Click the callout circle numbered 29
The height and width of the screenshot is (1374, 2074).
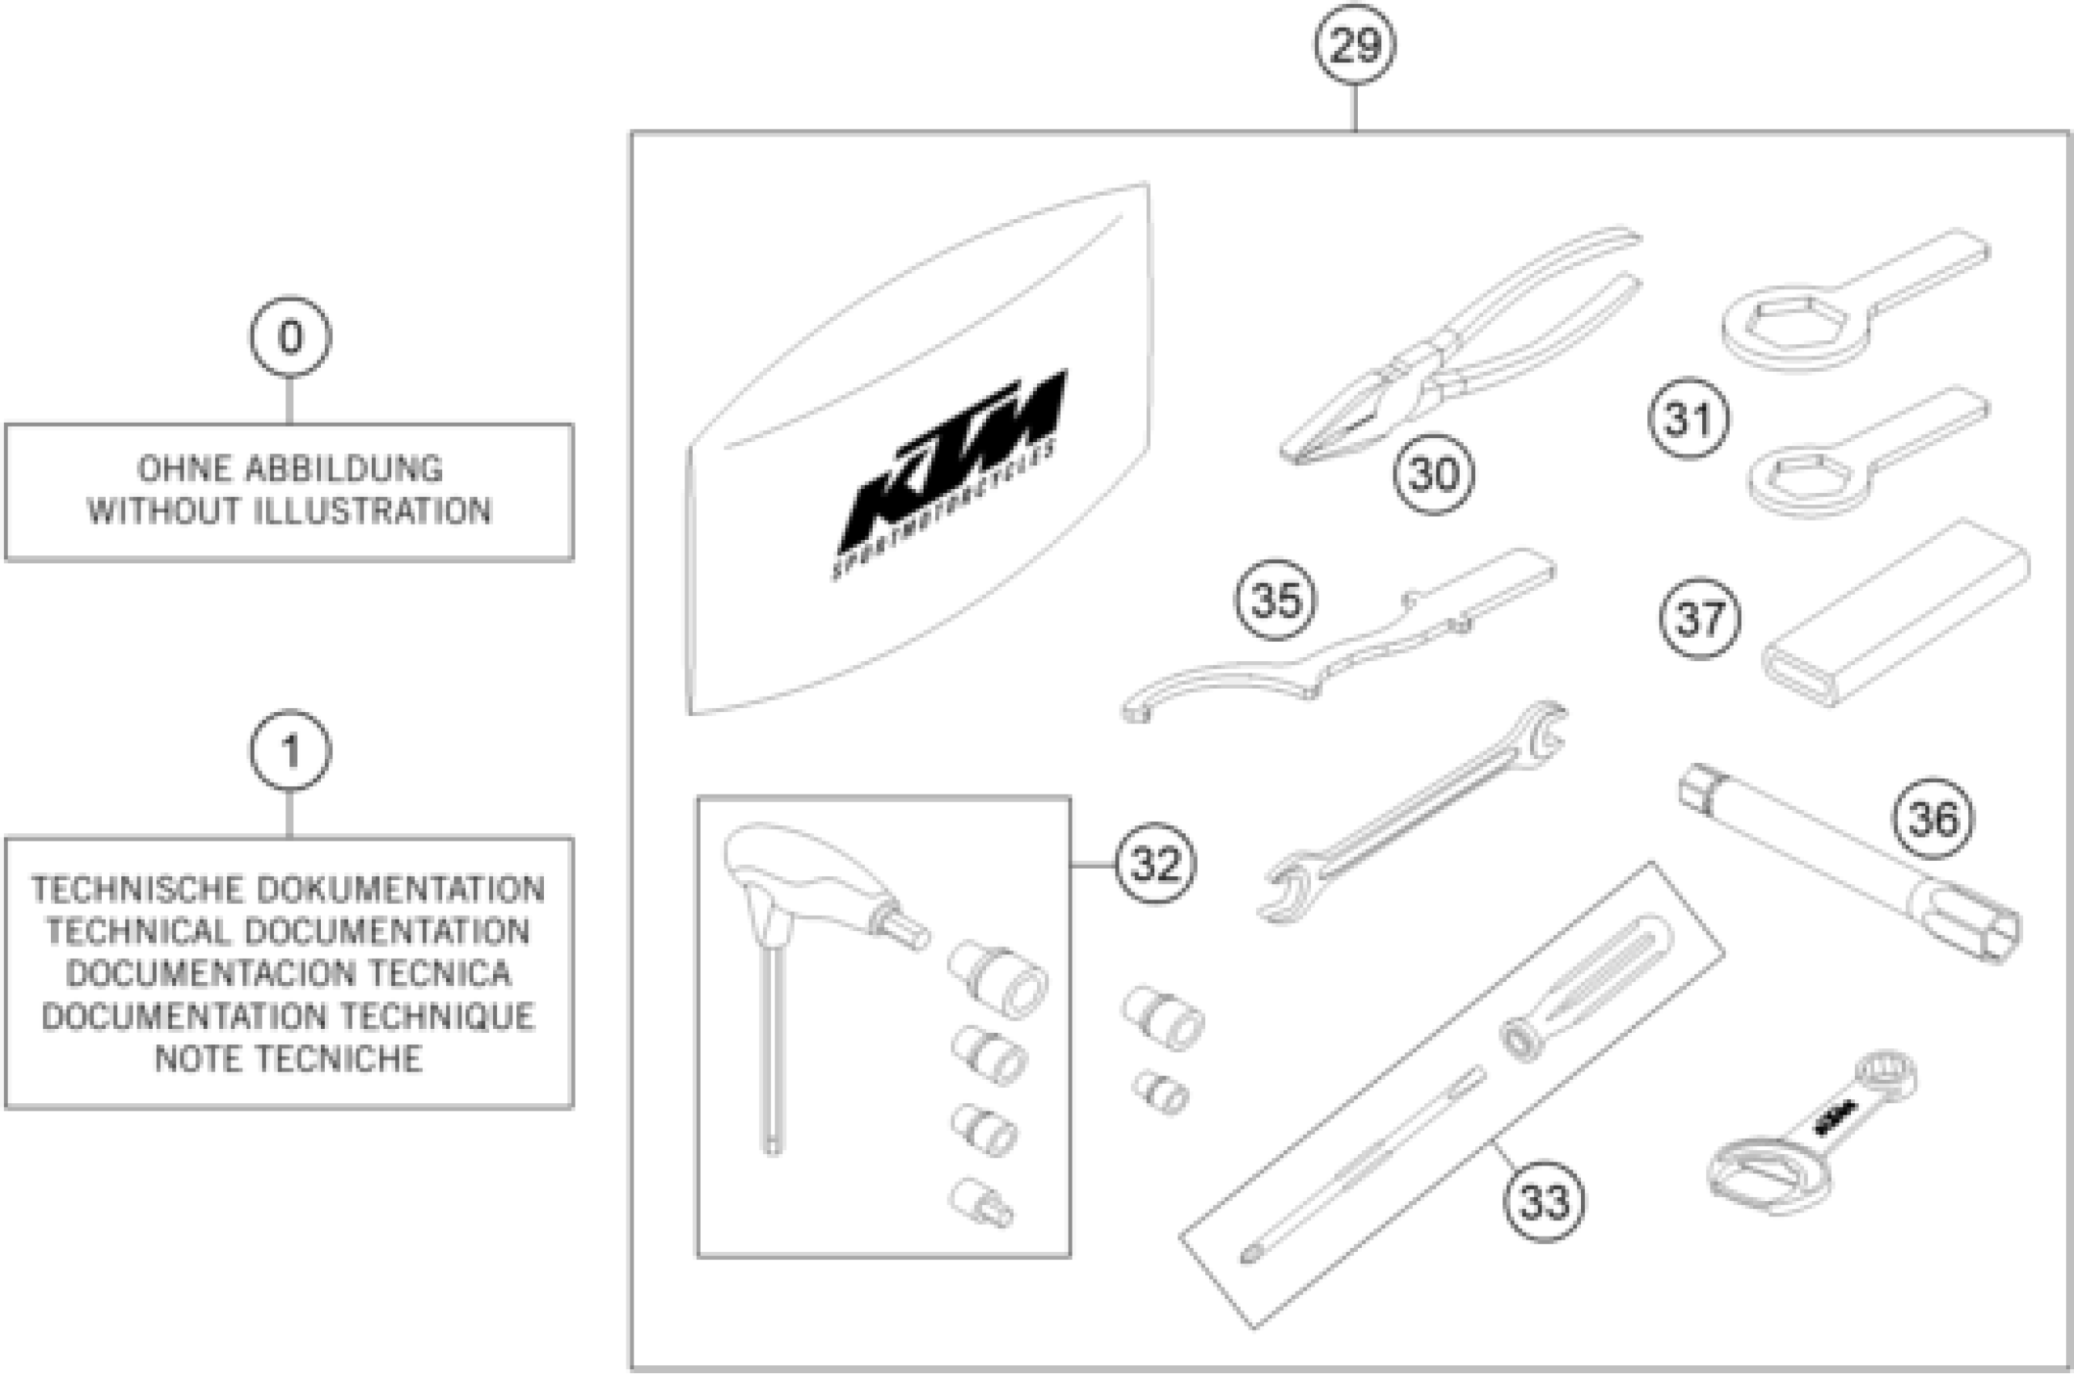(1355, 45)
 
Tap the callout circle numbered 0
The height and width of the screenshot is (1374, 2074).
(290, 337)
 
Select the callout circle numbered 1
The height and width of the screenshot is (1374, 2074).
(290, 751)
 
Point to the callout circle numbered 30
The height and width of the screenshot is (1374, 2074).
(1434, 474)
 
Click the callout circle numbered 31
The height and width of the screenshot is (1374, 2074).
(1688, 419)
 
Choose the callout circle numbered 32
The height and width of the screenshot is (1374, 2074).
(1155, 865)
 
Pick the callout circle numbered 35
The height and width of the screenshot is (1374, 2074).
(1275, 601)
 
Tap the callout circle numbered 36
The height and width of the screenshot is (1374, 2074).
(1933, 820)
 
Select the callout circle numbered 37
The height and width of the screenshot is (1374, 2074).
(1700, 618)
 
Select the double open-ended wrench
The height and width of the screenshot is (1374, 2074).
(1410, 811)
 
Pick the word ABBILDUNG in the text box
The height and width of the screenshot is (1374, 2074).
(344, 470)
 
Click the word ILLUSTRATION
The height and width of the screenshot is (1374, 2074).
(373, 512)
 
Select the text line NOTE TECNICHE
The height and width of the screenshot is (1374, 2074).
(289, 1059)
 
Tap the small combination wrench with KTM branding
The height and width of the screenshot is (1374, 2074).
(1814, 1135)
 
